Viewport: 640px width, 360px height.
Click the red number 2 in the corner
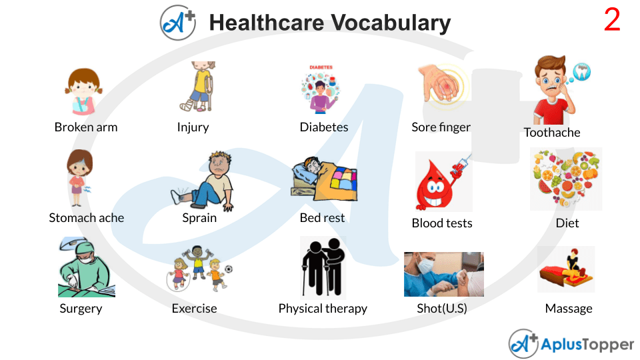[x=612, y=21]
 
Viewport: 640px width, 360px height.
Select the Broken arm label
[x=85, y=127]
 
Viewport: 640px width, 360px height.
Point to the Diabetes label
[x=324, y=127]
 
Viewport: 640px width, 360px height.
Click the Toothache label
[x=552, y=133]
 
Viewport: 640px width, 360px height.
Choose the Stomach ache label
[x=86, y=218]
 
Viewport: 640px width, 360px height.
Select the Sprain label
[x=199, y=218]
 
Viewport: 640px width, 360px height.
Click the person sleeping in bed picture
[x=325, y=178]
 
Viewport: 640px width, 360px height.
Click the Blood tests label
[x=442, y=223]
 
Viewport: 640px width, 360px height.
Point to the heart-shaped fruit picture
[x=566, y=179]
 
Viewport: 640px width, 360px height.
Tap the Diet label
[x=567, y=223]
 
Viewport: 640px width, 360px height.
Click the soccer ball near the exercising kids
[x=229, y=270]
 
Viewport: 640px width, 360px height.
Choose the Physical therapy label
[x=323, y=309]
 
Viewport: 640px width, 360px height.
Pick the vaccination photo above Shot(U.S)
[x=443, y=274]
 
